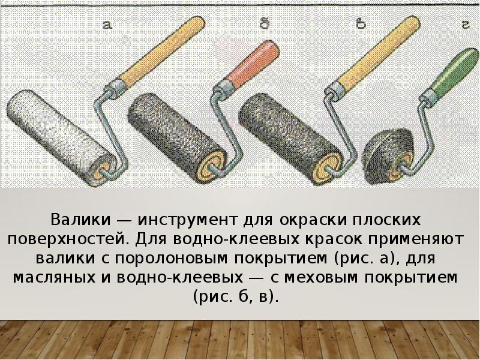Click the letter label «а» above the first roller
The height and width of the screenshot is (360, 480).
[x=107, y=25]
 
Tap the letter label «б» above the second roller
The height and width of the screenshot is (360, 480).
[x=265, y=23]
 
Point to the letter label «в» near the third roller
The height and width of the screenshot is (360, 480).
[x=361, y=24]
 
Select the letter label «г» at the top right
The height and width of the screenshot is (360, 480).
[x=466, y=25]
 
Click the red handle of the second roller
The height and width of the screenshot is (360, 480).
[x=253, y=64]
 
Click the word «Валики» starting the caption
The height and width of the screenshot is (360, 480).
[x=80, y=220]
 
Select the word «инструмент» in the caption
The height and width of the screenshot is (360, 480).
[x=188, y=220]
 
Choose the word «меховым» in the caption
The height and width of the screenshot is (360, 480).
[x=321, y=278]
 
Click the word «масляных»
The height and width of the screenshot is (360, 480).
[x=54, y=278]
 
